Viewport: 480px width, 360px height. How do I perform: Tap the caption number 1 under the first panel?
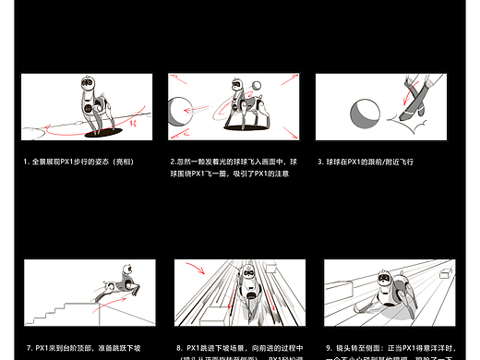(x=26, y=162)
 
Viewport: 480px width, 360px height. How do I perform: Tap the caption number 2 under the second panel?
(x=173, y=162)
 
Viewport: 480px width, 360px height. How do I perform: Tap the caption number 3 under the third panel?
(x=318, y=162)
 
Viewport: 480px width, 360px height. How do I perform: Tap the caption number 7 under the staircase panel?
(x=26, y=348)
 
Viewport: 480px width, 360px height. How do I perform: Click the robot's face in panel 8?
(x=247, y=276)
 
